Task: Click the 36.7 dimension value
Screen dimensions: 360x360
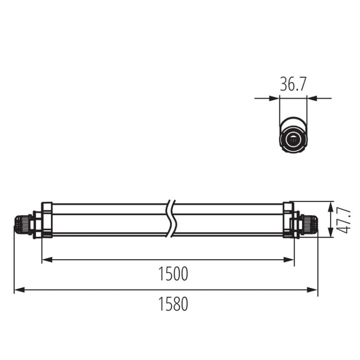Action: point(293,85)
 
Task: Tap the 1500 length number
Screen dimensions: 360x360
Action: point(173,274)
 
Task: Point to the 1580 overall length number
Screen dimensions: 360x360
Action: point(173,304)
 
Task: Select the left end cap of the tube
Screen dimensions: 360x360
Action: point(47,220)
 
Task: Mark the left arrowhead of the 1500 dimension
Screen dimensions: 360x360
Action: point(46,260)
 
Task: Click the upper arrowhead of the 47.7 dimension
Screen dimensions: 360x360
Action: point(331,206)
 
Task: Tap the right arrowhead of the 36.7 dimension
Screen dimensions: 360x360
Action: point(311,98)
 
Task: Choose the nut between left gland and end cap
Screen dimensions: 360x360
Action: point(35,224)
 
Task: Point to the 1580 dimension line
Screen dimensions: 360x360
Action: point(120,289)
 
